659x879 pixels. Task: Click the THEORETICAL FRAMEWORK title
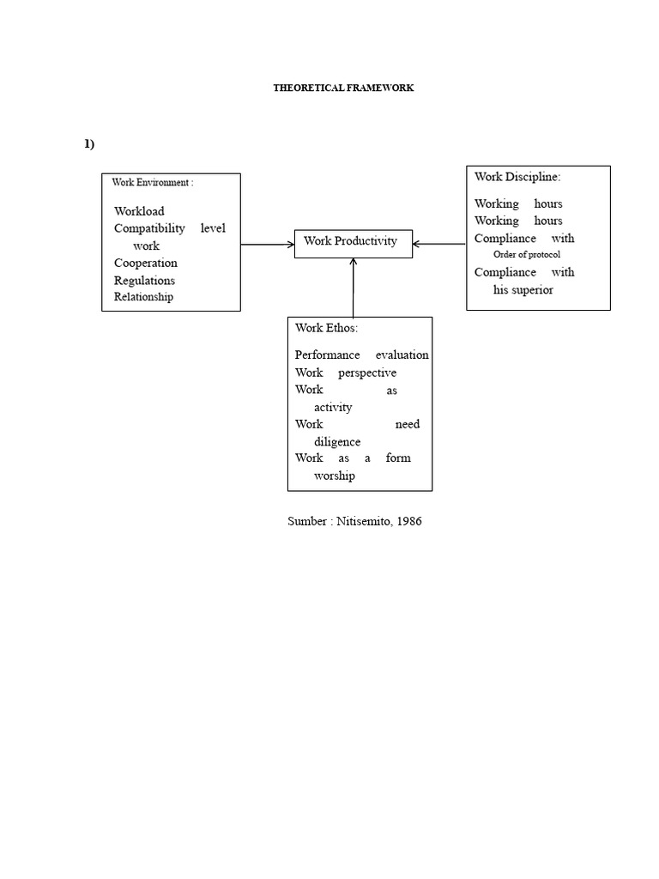[343, 88]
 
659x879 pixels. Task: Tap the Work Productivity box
[353, 242]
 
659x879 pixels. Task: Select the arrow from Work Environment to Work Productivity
[267, 245]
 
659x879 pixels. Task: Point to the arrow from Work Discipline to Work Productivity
[438, 245]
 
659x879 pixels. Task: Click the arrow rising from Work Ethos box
[353, 287]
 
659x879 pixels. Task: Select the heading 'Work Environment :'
[153, 183]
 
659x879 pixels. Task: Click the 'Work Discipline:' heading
[517, 177]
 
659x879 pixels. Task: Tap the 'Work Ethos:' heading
[326, 328]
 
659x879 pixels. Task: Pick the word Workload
[139, 211]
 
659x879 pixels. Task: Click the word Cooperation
[146, 263]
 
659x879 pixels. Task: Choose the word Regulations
[144, 280]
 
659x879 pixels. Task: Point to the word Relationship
[143, 297]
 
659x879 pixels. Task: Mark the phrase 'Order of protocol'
[527, 255]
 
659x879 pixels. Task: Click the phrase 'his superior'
[523, 289]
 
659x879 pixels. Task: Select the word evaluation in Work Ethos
[402, 355]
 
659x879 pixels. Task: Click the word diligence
[337, 441]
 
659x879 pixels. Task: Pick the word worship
[335, 476]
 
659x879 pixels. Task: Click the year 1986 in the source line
[408, 521]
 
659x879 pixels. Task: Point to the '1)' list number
[89, 143]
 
